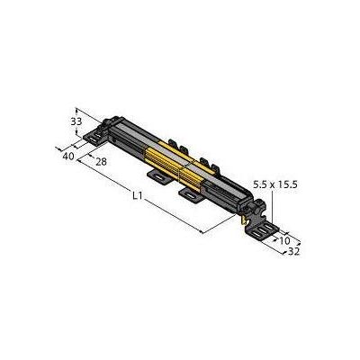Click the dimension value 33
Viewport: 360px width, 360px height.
pyautogui.click(x=76, y=121)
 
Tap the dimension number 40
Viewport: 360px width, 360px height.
pyautogui.click(x=68, y=156)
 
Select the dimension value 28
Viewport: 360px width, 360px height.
pyautogui.click(x=101, y=162)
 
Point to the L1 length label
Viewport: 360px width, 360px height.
pyautogui.click(x=137, y=195)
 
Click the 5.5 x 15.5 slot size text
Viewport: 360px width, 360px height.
pyautogui.click(x=275, y=184)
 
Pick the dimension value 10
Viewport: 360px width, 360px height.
pyautogui.click(x=284, y=240)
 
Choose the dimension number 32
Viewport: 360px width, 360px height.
pyautogui.click(x=293, y=252)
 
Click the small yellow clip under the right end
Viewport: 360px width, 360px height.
pyautogui.click(x=244, y=220)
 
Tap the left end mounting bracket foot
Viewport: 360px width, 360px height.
pyautogui.click(x=94, y=138)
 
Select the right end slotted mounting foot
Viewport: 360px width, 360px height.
pyautogui.click(x=262, y=231)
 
